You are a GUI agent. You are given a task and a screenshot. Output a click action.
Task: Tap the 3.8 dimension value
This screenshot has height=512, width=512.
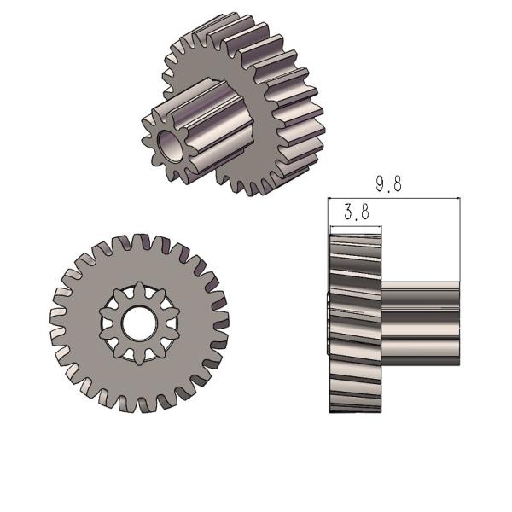coord(358,212)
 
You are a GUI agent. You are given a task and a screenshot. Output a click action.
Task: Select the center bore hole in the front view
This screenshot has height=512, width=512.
coord(137,323)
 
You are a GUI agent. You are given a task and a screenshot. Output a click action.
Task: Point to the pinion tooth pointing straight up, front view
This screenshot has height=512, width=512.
coord(137,289)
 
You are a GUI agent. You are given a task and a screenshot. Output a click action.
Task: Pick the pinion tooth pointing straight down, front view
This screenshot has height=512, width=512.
coord(137,357)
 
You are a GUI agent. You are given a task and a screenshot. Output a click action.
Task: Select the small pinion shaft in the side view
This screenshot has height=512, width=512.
coord(422,324)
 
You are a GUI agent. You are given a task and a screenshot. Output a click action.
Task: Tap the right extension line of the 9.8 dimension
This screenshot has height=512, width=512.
coord(460,247)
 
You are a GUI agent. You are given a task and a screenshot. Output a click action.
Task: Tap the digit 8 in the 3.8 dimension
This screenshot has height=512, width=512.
coord(365,212)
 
